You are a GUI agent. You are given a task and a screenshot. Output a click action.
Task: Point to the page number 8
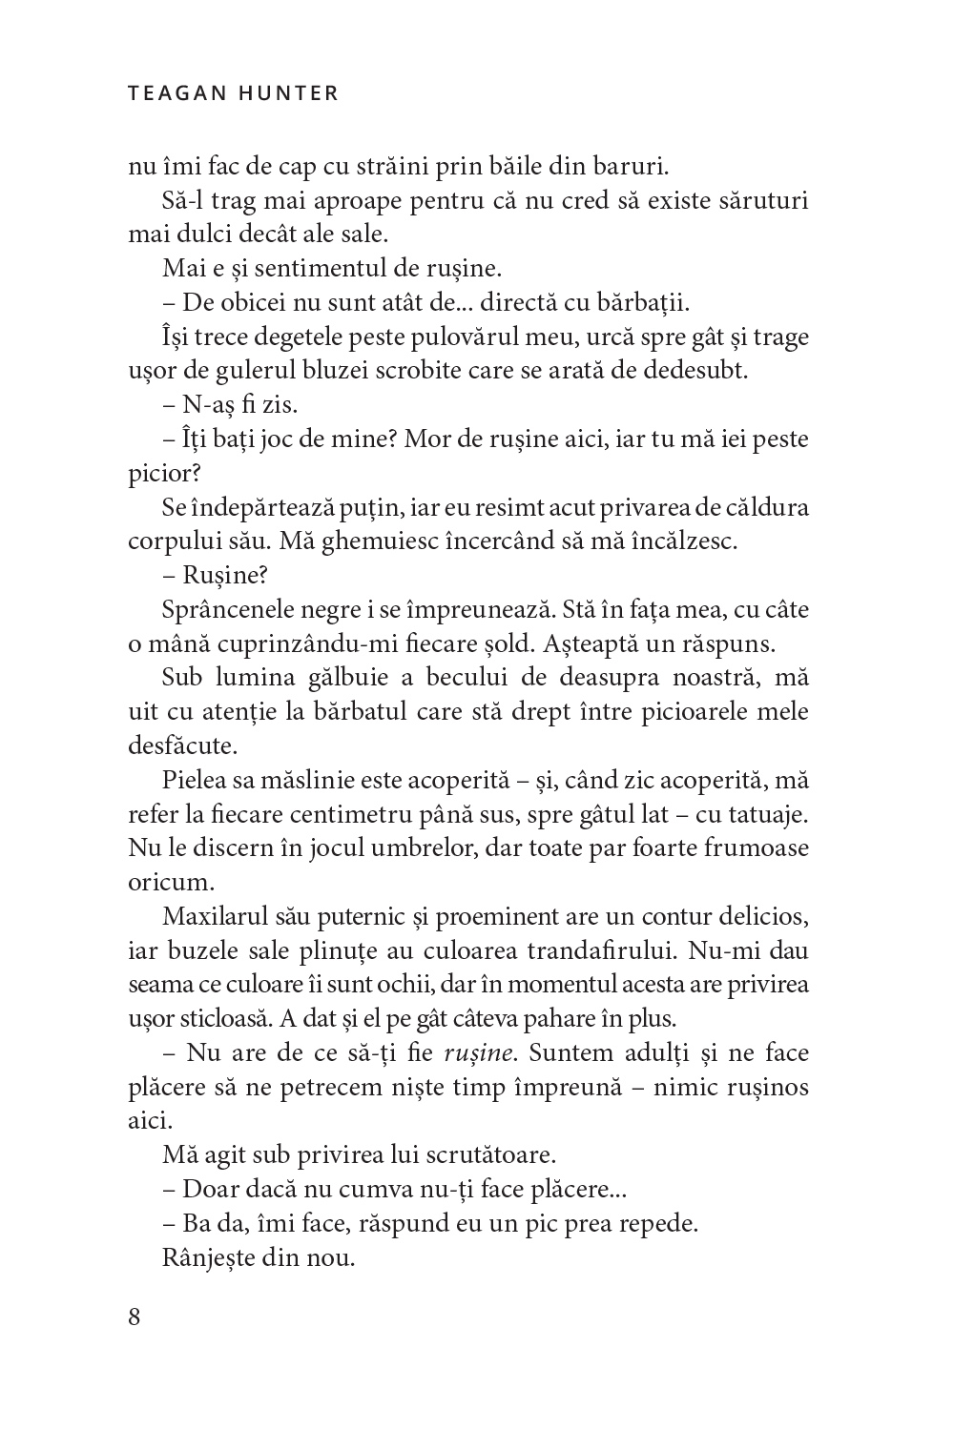coord(134,1317)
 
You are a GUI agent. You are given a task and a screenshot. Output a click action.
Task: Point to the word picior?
coord(159,474)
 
